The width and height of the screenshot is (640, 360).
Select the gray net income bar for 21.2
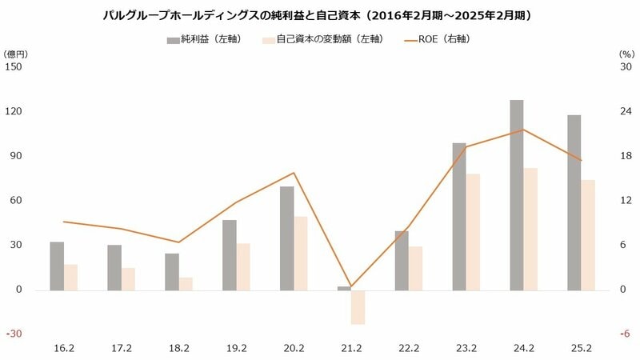coord(344,288)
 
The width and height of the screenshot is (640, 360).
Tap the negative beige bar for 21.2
coord(358,306)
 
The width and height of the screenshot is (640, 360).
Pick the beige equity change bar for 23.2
coord(473,231)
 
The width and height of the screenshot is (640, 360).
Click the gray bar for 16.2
coord(57,266)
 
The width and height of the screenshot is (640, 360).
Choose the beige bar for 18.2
coord(186,283)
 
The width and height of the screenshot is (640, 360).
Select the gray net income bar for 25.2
coord(574,202)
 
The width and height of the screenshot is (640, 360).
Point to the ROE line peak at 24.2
coord(523,130)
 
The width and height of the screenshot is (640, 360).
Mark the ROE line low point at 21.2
coord(350,286)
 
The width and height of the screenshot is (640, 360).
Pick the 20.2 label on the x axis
coord(294,348)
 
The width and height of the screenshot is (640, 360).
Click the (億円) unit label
coord(17,53)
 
